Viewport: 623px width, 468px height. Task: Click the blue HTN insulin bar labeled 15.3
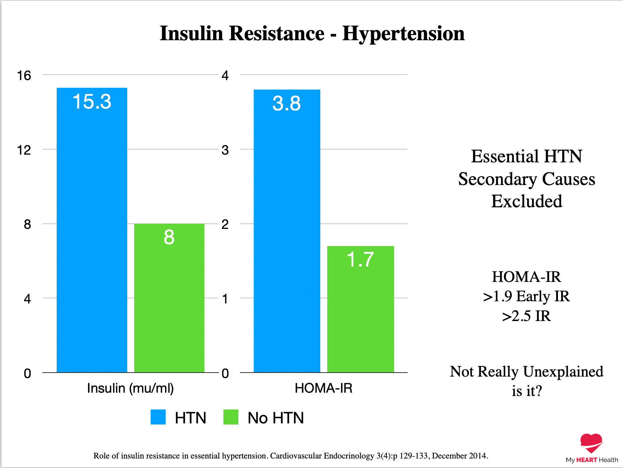92,230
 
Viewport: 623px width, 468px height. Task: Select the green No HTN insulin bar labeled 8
169,298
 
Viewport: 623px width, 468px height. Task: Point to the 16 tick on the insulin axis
24,76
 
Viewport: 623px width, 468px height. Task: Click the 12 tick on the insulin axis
24,150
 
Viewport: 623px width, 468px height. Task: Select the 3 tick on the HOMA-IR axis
225,150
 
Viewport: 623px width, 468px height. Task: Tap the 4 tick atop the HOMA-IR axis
225,76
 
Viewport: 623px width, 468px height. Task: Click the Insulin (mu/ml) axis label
130,388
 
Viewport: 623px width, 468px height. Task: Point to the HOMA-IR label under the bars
323,388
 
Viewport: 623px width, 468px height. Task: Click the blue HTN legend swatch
158,417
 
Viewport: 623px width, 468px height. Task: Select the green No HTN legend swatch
231,417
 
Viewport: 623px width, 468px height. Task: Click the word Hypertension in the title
403,34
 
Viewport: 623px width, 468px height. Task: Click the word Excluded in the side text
526,201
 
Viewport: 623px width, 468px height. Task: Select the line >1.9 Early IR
526,297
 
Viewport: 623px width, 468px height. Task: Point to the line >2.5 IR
526,316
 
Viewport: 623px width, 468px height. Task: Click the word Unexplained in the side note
563,372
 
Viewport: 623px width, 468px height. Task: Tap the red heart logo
591,443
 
